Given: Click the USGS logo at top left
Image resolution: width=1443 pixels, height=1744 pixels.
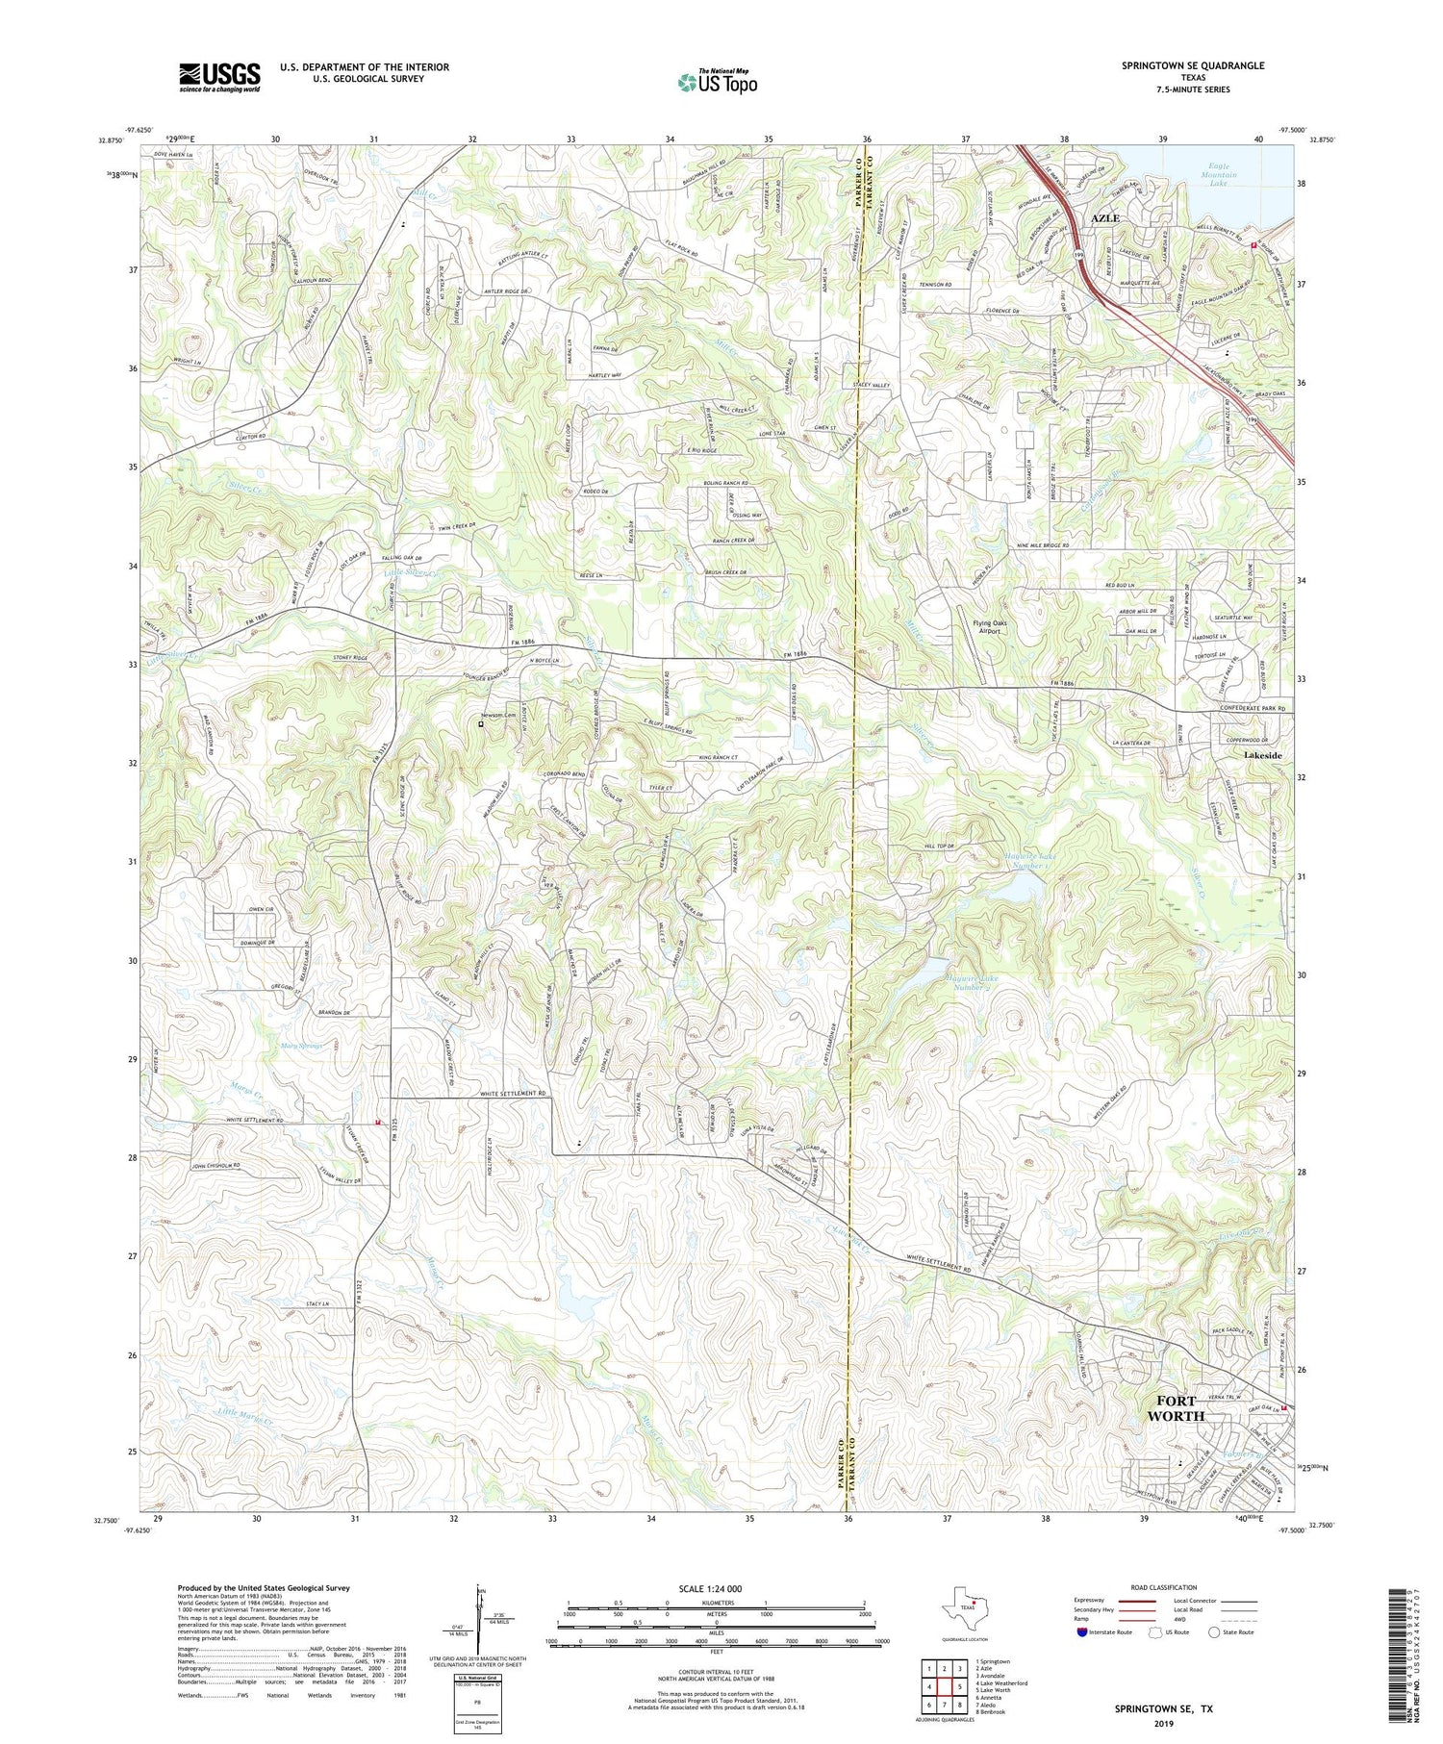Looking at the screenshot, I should click(x=219, y=77).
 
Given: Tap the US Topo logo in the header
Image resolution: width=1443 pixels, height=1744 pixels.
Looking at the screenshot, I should click(x=717, y=83).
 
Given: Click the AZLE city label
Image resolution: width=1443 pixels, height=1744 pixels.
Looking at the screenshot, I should click(x=1105, y=218).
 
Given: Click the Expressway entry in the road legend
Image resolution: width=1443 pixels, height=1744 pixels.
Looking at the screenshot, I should click(x=1094, y=1601).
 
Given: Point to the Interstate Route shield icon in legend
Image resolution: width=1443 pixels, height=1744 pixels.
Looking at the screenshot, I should click(x=1083, y=1632).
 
